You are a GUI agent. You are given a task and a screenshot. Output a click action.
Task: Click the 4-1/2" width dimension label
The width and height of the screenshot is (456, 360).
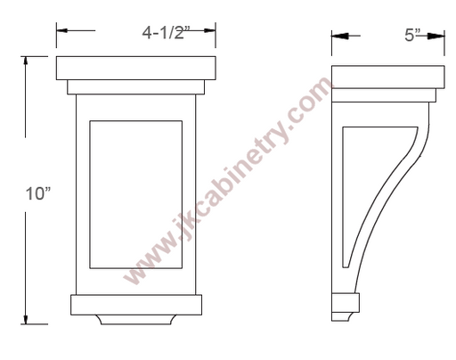point(166,32)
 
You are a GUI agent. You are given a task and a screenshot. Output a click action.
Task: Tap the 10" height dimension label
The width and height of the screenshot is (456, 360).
point(38,193)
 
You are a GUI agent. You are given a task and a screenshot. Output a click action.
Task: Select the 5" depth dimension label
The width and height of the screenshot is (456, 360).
point(413,35)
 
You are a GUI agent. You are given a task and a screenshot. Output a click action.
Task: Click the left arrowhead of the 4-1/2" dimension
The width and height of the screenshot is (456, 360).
point(62,30)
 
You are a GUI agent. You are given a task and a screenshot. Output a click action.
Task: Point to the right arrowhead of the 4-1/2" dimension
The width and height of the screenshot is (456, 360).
point(209,30)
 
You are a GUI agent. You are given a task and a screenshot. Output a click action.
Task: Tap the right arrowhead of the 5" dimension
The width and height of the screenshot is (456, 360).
point(436,36)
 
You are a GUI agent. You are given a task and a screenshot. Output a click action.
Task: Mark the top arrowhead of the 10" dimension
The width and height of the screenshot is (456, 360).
point(26,61)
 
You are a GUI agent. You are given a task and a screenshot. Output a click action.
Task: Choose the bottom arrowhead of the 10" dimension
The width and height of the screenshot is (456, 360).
point(26,319)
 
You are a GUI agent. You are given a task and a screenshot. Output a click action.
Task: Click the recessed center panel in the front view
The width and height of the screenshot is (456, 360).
point(136,194)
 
